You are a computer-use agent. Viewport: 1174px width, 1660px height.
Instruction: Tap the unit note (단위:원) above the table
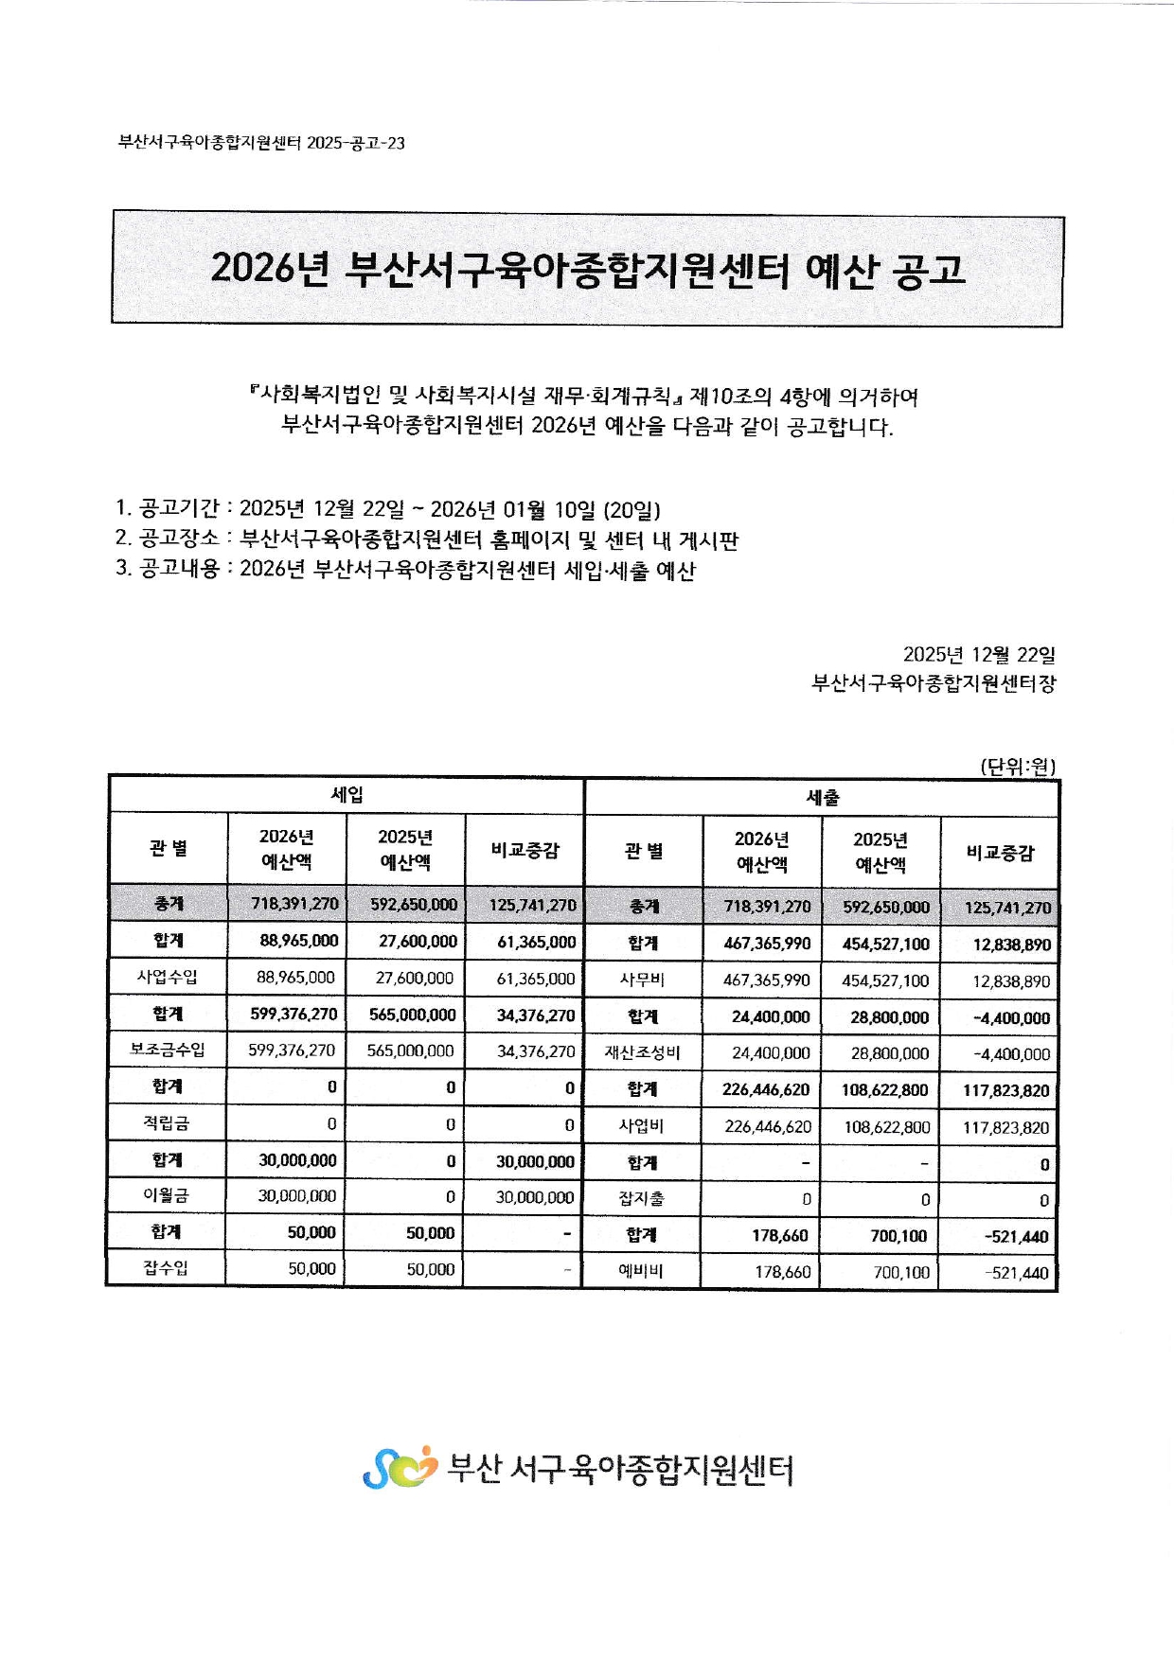click(x=1018, y=766)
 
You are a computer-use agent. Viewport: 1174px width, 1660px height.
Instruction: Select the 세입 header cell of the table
click(x=347, y=795)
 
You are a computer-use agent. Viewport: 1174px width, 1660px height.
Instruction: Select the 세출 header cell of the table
click(x=822, y=798)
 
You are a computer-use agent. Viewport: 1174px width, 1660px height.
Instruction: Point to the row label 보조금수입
click(x=168, y=1051)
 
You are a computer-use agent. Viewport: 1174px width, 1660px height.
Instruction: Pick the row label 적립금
click(x=167, y=1123)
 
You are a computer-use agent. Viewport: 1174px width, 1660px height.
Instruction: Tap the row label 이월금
click(x=167, y=1196)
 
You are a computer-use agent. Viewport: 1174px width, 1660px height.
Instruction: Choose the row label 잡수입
click(x=167, y=1269)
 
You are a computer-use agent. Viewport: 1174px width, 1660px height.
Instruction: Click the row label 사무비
click(x=642, y=980)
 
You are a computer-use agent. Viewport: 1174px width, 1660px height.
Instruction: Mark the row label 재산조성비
click(x=642, y=1053)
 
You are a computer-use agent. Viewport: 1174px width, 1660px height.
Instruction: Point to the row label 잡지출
click(x=642, y=1199)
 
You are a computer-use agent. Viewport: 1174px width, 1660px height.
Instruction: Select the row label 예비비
click(x=642, y=1272)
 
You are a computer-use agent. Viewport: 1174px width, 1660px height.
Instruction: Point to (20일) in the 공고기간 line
click(x=631, y=510)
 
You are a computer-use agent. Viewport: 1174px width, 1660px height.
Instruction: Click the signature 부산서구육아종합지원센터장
click(x=934, y=683)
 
